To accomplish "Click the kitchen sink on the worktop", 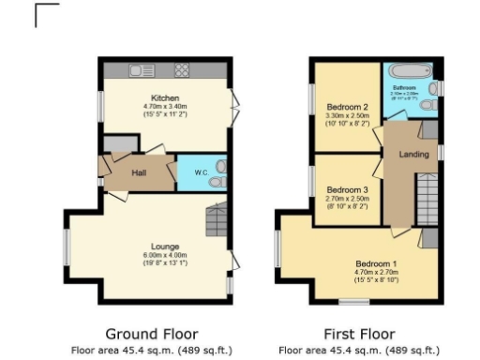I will pos(142,69).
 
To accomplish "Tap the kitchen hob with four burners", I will pos(181,69).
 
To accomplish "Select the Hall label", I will pos(138,172).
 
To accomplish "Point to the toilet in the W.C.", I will pos(218,172).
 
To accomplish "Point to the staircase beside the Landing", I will pos(427,202).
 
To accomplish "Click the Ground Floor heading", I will pos(151,334).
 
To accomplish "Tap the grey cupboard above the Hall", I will pos(117,142).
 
